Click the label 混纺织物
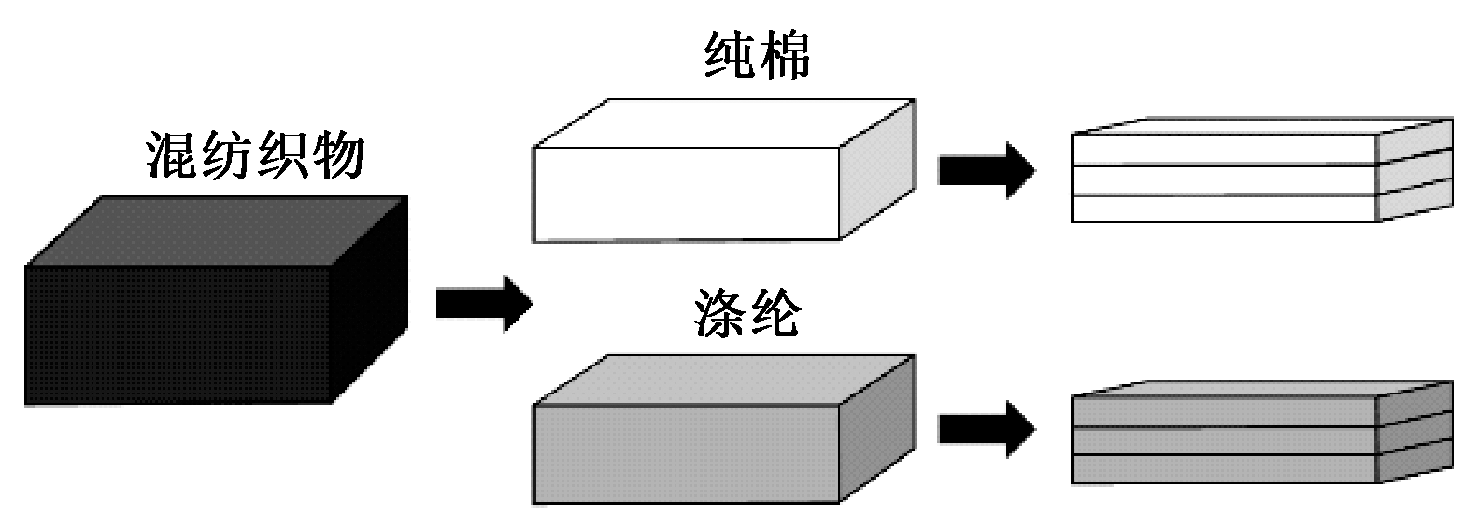tap(254, 156)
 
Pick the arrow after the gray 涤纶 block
tap(986, 429)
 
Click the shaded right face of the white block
tap(875, 170)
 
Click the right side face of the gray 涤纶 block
tap(875, 428)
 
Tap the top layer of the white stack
tap(1224, 150)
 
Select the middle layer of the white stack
tap(1224, 180)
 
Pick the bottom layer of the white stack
tap(1224, 208)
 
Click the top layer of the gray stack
tap(1224, 412)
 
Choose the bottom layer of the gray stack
tap(1224, 469)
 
